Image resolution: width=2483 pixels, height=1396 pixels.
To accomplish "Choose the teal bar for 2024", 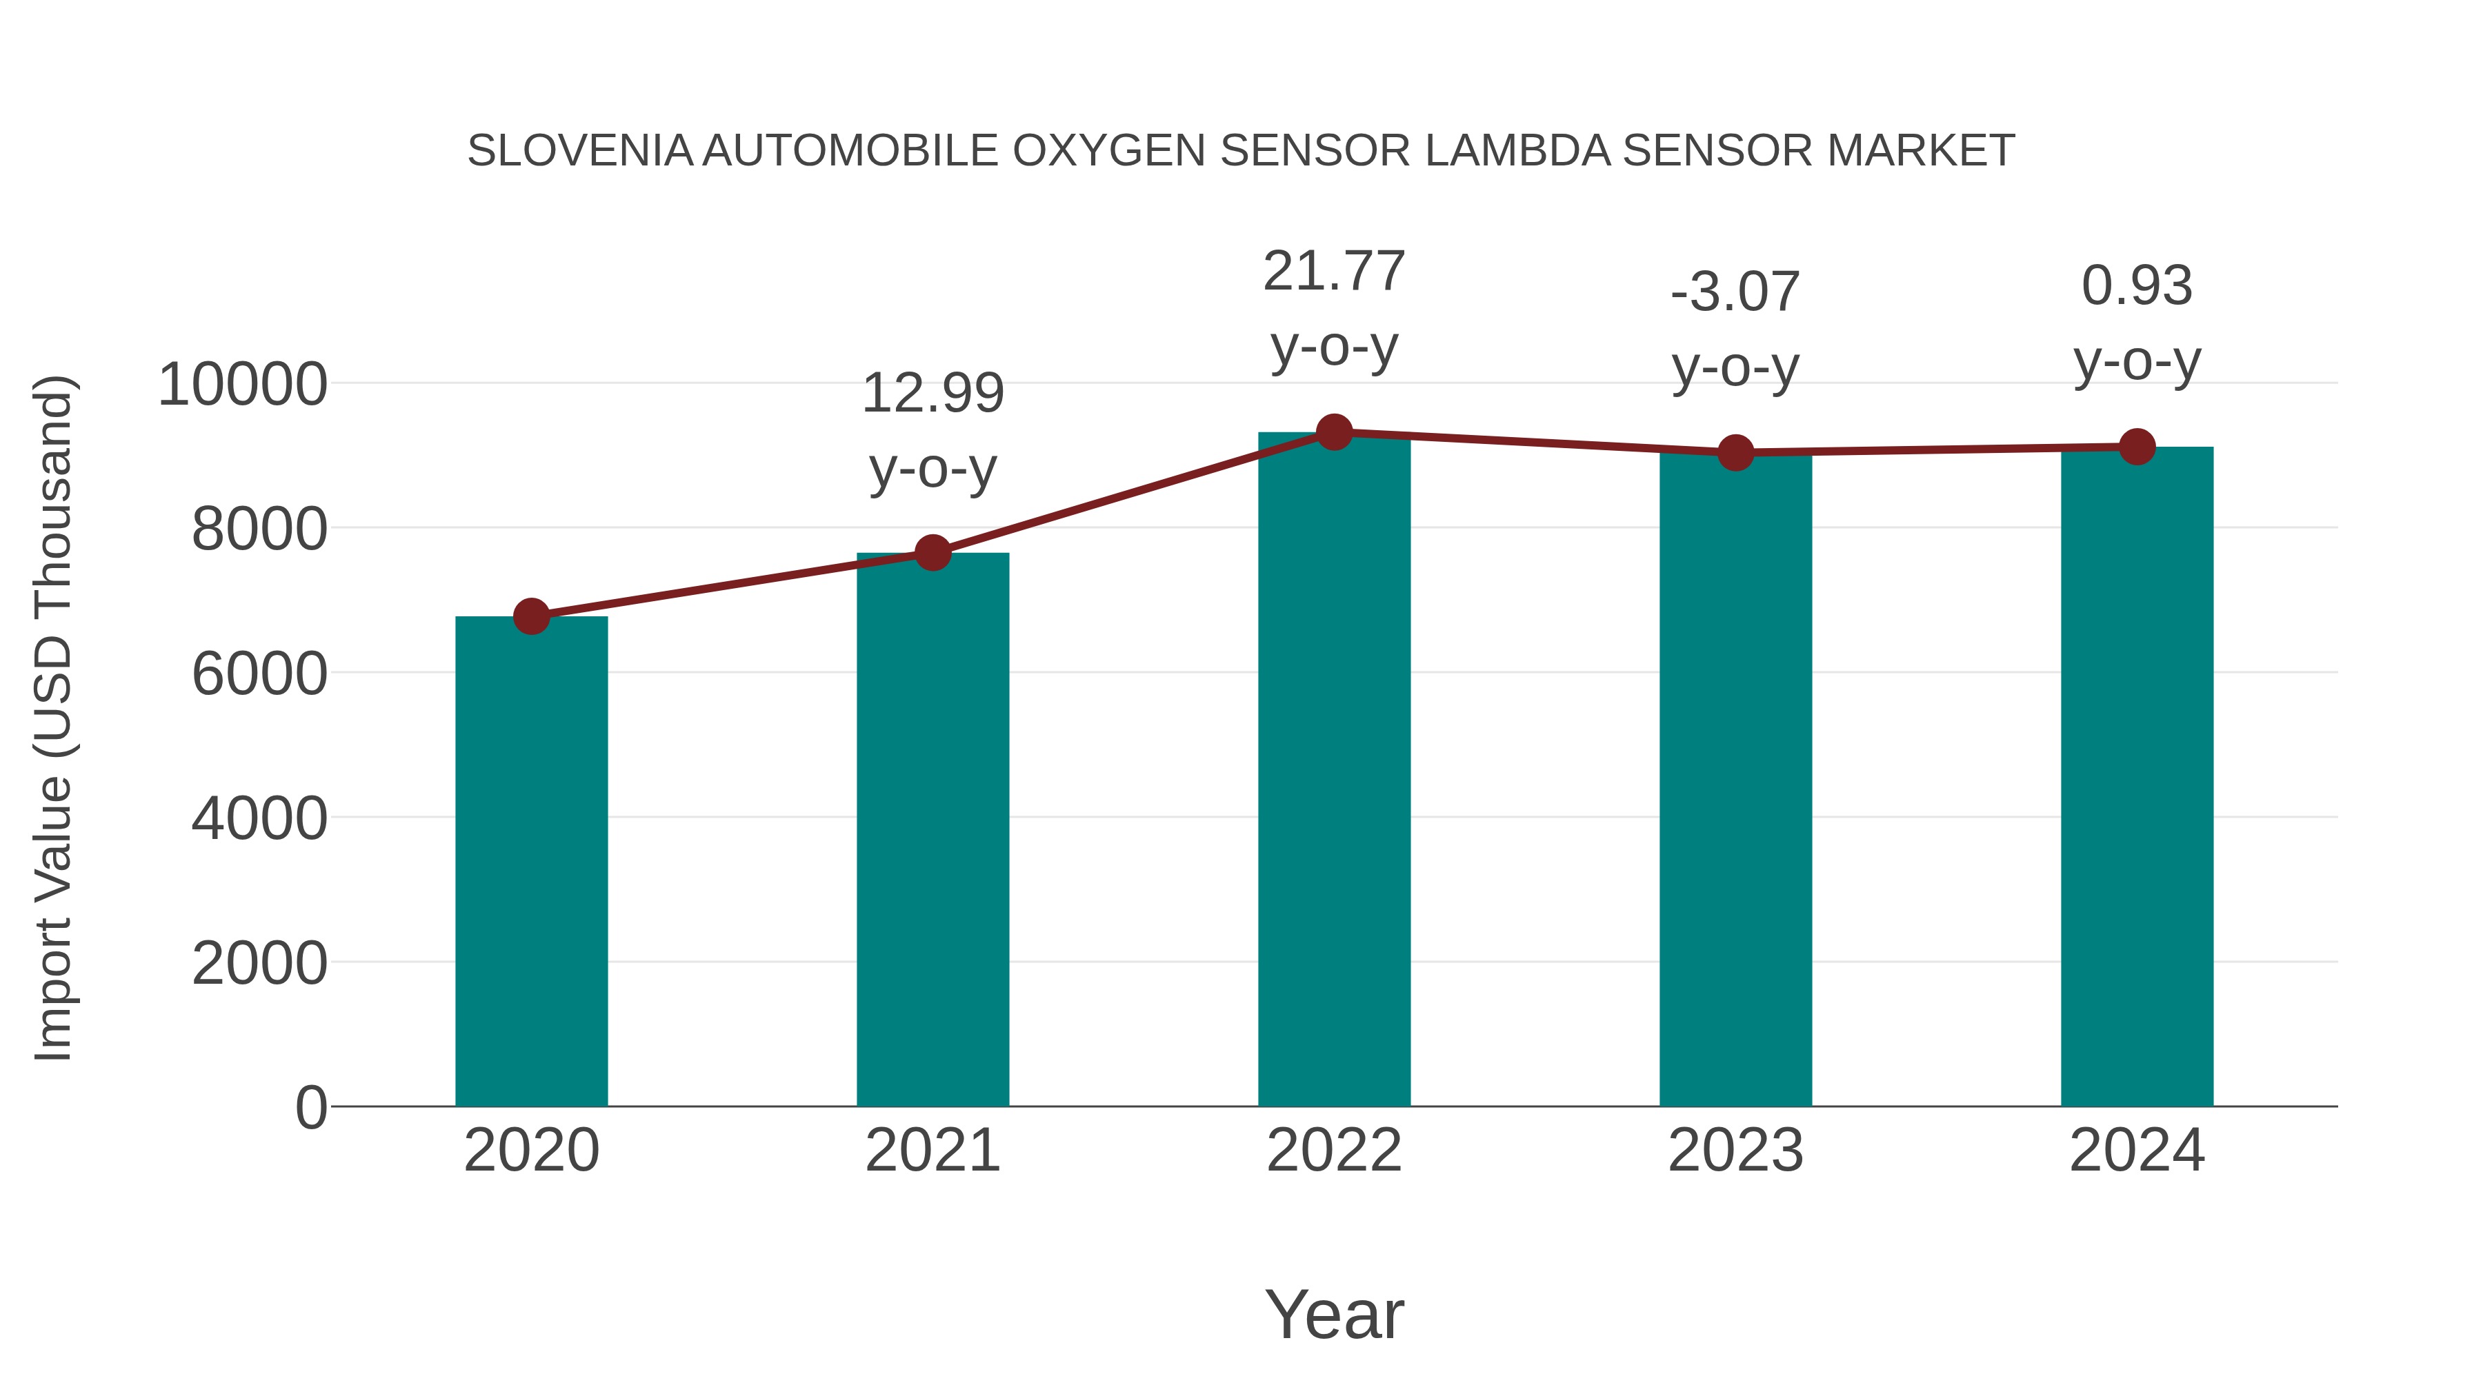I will [2137, 776].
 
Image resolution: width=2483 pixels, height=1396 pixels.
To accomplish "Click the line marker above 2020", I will [531, 616].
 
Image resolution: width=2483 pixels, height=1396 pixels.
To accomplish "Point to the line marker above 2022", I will [1334, 432].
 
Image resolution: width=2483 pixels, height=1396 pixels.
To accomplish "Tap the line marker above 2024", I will [2137, 447].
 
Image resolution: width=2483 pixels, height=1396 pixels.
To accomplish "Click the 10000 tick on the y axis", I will [242, 385].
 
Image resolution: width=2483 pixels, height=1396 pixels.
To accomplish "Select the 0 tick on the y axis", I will [310, 1107].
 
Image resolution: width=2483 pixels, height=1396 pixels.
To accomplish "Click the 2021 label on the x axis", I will [932, 1151].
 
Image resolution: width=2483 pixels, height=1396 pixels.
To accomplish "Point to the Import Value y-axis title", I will [53, 718].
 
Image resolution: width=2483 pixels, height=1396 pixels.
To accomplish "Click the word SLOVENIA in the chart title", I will [579, 151].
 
